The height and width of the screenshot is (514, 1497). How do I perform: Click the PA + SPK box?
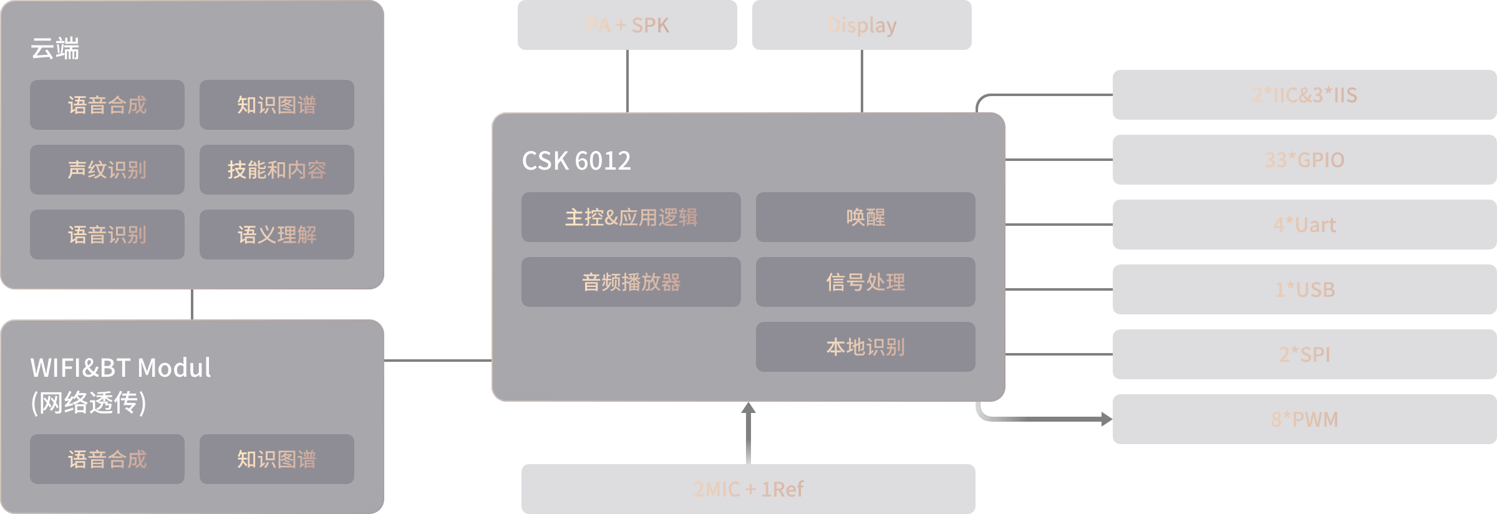point(627,25)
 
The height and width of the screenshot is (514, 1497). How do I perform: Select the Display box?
point(861,25)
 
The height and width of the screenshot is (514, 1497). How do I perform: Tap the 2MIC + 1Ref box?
point(748,489)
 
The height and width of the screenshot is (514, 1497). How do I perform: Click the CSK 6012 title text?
point(576,161)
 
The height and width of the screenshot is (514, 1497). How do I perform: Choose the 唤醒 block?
point(865,217)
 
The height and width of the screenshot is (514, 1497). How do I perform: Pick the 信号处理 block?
point(865,282)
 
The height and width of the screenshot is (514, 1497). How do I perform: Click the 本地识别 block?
point(865,347)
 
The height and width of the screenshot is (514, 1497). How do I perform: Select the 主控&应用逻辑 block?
point(631,217)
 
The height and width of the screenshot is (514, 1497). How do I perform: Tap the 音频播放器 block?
point(631,282)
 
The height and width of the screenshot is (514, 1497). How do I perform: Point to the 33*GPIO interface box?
point(1304,160)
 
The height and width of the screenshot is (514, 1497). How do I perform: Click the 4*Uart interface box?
point(1304,225)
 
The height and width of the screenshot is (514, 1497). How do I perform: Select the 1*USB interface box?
point(1304,289)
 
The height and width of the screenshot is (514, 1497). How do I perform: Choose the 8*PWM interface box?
point(1304,419)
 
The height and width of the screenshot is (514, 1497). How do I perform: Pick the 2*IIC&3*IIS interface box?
point(1304,95)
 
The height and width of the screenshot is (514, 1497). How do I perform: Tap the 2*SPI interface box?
point(1304,354)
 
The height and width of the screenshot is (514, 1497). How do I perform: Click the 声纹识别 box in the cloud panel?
point(107,170)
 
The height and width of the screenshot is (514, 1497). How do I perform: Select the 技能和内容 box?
point(276,170)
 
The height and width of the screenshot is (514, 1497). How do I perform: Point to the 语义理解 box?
point(276,235)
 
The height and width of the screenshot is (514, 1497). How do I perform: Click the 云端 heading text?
point(55,49)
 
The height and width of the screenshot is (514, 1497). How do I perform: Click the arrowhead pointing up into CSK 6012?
point(748,408)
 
